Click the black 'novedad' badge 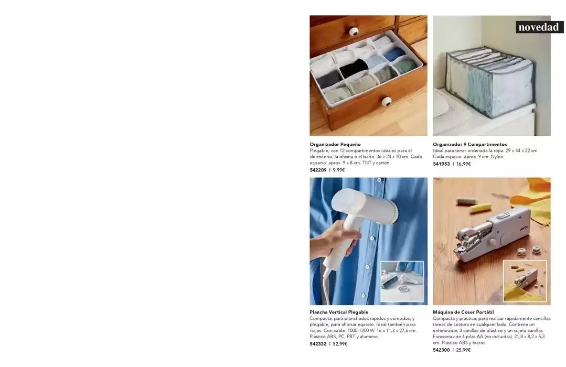pos(539,27)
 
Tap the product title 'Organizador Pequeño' pos(335,144)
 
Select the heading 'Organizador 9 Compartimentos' pos(469,144)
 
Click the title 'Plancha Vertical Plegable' pos(338,312)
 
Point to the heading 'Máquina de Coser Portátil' pos(463,312)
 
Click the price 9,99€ pos(338,170)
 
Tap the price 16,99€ pos(464,164)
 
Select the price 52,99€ pos(340,344)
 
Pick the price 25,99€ pos(463,350)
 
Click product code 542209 pos(318,170)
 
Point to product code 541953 pos(442,164)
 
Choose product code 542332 pos(318,344)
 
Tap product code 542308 pos(442,350)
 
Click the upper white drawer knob pos(354,32)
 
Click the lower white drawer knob pos(387,101)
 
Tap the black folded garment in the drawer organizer pos(354,68)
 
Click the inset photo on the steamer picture pos(402,281)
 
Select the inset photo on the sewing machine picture pos(525,280)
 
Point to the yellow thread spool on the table pos(479,207)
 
